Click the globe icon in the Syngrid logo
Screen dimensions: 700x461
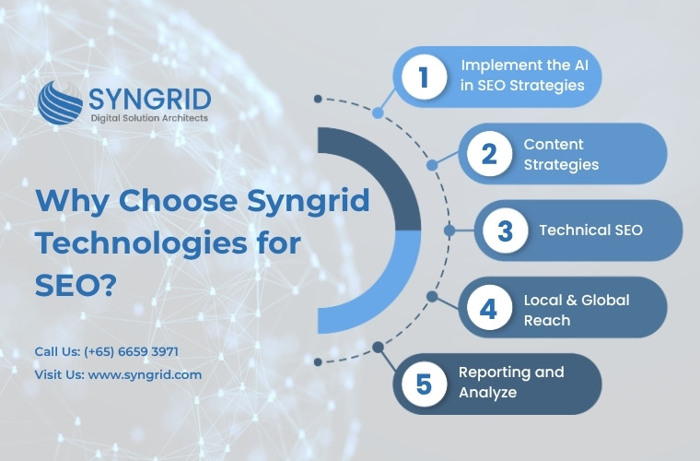[x=59, y=102]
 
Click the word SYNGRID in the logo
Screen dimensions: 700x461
[x=149, y=100]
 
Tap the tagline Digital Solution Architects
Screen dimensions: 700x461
[x=149, y=118]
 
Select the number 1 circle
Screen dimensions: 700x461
[x=424, y=77]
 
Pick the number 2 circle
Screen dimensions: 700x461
[x=489, y=154]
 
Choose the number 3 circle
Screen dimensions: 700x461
[x=505, y=230]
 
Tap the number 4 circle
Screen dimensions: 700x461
[x=489, y=307]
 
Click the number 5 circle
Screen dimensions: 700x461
[x=424, y=384]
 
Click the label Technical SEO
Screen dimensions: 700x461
[x=590, y=230]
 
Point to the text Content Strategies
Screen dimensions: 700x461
[x=561, y=155]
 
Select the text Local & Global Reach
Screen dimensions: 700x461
[x=577, y=310]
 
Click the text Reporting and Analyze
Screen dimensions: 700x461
[x=511, y=382]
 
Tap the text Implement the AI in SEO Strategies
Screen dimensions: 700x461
[x=524, y=75]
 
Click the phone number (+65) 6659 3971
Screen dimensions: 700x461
[x=131, y=351]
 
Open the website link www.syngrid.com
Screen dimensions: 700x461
[x=145, y=374]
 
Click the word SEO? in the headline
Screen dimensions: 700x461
[x=76, y=285]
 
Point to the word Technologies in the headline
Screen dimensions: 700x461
[x=141, y=243]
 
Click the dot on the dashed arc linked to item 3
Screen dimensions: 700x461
[x=449, y=230]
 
